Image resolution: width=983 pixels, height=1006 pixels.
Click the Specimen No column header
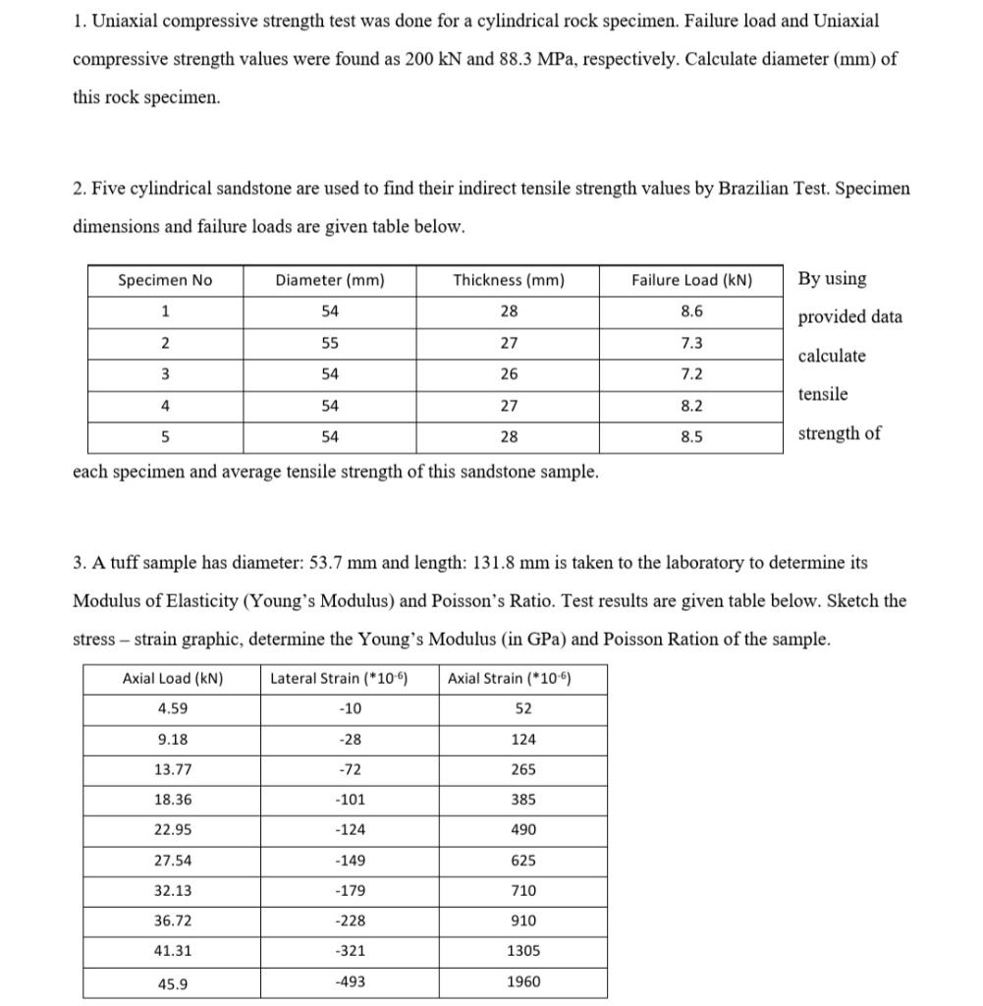click(x=165, y=280)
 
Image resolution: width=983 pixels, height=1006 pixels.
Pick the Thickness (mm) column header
click(x=508, y=280)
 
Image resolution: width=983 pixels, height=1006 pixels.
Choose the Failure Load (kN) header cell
click(x=691, y=280)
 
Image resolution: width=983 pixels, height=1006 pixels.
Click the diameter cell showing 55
click(x=330, y=344)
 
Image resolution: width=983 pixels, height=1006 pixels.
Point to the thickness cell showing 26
click(x=508, y=374)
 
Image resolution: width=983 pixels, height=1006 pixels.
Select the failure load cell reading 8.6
click(x=691, y=311)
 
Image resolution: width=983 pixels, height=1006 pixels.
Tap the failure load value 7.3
click(x=691, y=344)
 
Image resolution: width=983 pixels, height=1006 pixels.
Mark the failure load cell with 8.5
click(x=691, y=437)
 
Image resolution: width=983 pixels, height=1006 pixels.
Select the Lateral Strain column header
click(x=339, y=678)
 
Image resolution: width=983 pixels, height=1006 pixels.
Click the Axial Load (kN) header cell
click(x=173, y=678)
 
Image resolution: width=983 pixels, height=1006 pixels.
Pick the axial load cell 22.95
click(x=173, y=829)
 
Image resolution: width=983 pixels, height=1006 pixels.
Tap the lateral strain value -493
click(x=351, y=981)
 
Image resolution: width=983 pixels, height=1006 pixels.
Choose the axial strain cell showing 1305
click(x=523, y=951)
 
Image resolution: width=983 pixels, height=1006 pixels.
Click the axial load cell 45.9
click(x=173, y=982)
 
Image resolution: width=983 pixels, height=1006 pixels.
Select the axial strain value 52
click(x=523, y=708)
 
